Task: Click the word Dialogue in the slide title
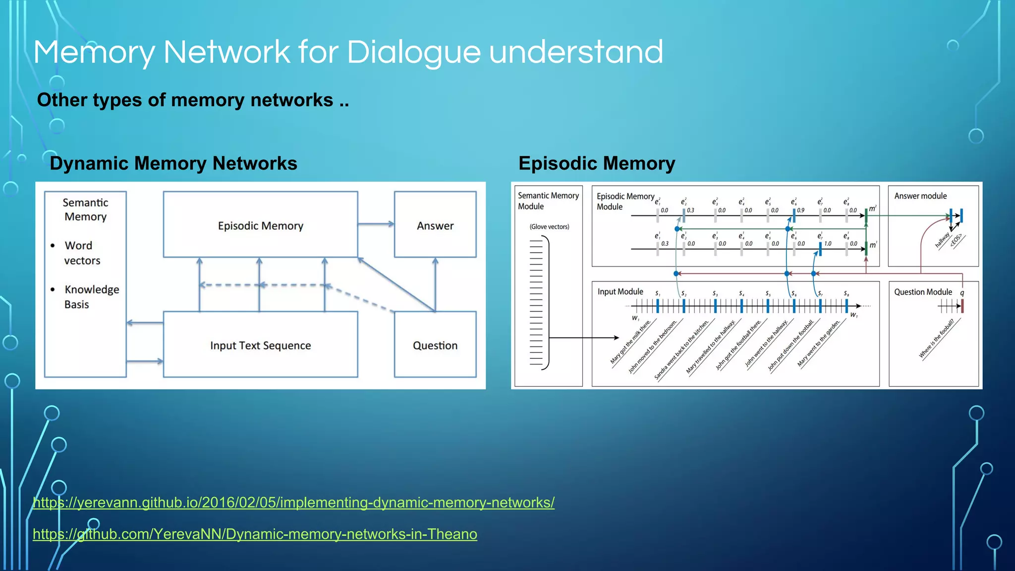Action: click(413, 53)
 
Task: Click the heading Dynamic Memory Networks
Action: click(173, 164)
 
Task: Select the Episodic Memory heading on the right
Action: click(596, 164)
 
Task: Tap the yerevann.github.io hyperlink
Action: click(293, 503)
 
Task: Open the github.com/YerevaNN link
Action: click(255, 534)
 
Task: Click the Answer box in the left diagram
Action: click(435, 226)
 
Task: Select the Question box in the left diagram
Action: click(435, 345)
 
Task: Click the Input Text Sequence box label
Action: click(260, 345)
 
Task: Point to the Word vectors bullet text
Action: click(82, 253)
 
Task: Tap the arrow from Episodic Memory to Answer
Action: click(375, 224)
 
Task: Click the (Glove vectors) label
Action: click(549, 227)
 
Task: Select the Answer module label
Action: click(920, 196)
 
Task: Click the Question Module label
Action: click(922, 292)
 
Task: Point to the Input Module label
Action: click(620, 291)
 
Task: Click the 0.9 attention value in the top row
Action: click(800, 210)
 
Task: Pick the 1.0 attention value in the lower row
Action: click(827, 243)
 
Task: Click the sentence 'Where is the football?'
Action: click(936, 339)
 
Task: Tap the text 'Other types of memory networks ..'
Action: click(193, 100)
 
